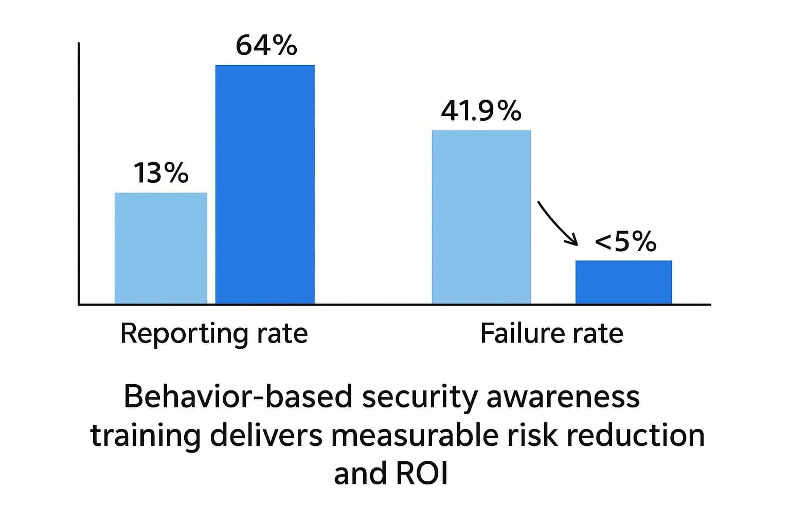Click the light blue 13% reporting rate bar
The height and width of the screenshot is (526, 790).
pyautogui.click(x=160, y=248)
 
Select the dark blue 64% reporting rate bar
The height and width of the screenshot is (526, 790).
pyautogui.click(x=265, y=184)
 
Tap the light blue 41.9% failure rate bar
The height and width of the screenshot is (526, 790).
pyautogui.click(x=481, y=217)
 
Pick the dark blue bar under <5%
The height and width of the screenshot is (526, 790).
pyautogui.click(x=623, y=282)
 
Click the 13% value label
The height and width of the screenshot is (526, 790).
pyautogui.click(x=161, y=173)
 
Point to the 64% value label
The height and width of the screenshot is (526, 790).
pyautogui.click(x=266, y=46)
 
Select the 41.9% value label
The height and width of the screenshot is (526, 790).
pyautogui.click(x=481, y=111)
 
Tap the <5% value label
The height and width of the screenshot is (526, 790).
pyautogui.click(x=625, y=241)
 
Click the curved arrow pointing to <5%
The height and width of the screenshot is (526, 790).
pyautogui.click(x=558, y=223)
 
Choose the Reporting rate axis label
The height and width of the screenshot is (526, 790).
pyautogui.click(x=214, y=333)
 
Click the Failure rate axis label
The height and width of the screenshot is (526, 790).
pyautogui.click(x=551, y=333)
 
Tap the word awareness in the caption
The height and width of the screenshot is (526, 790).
pyautogui.click(x=563, y=397)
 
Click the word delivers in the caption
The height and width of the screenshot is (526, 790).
pyautogui.click(x=266, y=435)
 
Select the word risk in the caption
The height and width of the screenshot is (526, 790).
pyautogui.click(x=532, y=435)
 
